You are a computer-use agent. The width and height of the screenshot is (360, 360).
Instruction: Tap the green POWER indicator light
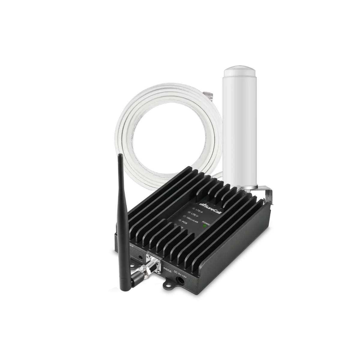(x=205, y=226)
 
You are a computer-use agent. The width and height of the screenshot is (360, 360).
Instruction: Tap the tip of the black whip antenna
(x=119, y=155)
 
